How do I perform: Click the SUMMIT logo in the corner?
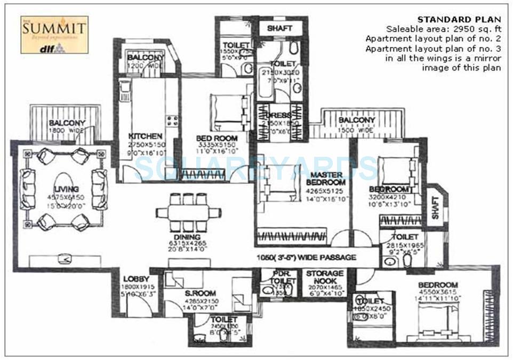(54, 35)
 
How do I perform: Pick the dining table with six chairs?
(188, 212)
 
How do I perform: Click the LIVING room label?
(66, 189)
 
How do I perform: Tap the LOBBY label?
(135, 279)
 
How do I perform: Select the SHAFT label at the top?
(279, 28)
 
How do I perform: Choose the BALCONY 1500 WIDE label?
(357, 121)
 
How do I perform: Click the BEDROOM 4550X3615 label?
(437, 285)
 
